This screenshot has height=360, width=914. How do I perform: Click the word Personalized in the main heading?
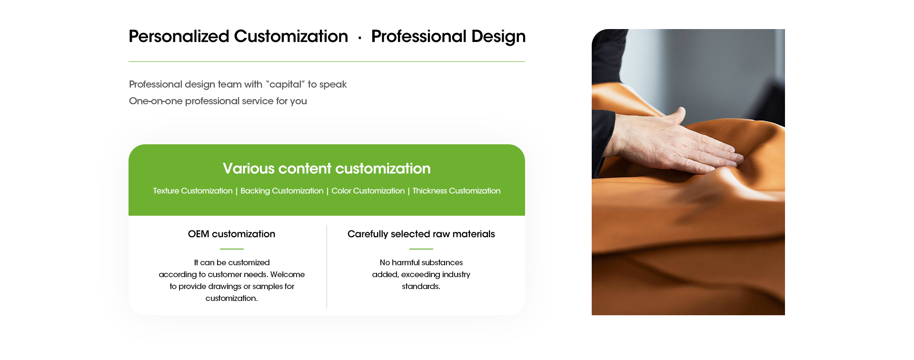pos(179,37)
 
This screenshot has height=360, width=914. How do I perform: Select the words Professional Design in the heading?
pos(448,37)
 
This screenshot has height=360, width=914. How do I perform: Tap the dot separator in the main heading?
pos(360,38)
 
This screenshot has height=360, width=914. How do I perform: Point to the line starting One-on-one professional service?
pos(218,101)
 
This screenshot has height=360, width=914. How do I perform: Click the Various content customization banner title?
pos(327,169)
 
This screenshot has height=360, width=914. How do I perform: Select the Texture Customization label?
pos(193,191)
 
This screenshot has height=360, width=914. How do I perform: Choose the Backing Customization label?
pos(282,191)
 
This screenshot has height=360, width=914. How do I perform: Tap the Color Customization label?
pos(368,191)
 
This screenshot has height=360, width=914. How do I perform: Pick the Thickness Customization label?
pos(457,191)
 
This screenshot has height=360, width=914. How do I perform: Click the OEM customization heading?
pos(231,234)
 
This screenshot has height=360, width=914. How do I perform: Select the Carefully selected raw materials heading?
pos(421,234)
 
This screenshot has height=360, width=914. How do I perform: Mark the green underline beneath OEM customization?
pos(232,249)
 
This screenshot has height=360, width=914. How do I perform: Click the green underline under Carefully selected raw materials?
pos(421,249)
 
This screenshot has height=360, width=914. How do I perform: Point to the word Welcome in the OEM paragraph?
pos(288,274)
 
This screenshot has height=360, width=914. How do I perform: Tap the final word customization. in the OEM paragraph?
pos(232,298)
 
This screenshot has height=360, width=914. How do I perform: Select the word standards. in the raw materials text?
pos(421,286)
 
